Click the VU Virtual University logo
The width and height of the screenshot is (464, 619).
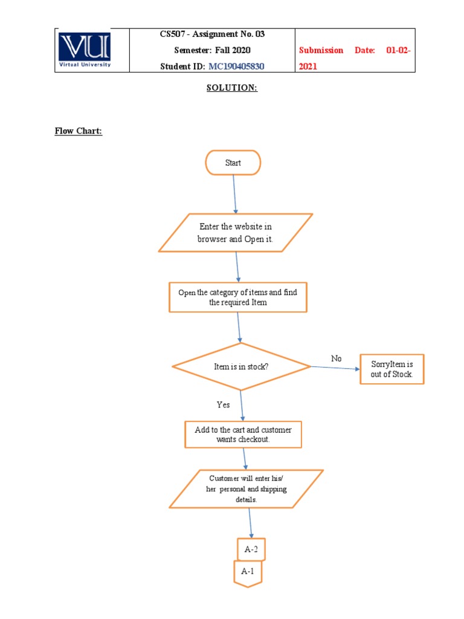(85, 50)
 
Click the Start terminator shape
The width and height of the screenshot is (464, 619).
(233, 163)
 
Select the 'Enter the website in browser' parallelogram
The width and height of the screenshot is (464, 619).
(236, 233)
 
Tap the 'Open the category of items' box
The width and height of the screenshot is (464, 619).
(237, 297)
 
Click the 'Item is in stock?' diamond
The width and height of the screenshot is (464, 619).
(241, 366)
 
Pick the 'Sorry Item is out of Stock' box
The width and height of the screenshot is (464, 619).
(392, 369)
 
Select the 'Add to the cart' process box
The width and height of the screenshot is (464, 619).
(243, 435)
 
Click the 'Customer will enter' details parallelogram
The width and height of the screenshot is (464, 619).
(246, 489)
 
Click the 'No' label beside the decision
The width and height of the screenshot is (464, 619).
(336, 358)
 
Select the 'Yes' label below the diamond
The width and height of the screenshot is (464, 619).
(223, 404)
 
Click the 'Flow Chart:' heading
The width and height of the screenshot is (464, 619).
(79, 131)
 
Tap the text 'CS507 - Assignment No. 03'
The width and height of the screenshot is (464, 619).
(212, 34)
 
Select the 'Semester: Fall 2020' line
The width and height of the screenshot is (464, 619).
(212, 50)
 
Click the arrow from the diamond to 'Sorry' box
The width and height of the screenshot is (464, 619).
(335, 368)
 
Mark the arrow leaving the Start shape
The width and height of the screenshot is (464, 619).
(234, 193)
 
